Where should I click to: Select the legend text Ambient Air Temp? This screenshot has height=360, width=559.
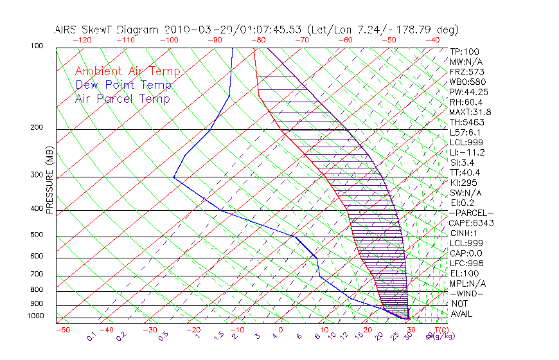tap(127, 72)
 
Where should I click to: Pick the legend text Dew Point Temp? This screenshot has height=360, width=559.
tap(123, 85)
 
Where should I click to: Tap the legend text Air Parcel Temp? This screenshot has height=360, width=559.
tap(122, 99)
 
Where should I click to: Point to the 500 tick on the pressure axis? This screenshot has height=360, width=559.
tap(37, 235)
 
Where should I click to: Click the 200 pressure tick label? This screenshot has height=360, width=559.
tap(37, 128)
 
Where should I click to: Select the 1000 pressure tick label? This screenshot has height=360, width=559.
tap(35, 316)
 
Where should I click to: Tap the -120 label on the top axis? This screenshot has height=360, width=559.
tap(81, 40)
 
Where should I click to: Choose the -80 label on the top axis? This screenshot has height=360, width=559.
tap(259, 40)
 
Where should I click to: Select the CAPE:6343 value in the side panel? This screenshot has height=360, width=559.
tap(471, 223)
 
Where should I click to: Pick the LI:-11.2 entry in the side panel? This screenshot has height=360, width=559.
tap(467, 152)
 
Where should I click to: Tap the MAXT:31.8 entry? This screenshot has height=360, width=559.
tap(471, 112)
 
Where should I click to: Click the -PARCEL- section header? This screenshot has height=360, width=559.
tap(471, 213)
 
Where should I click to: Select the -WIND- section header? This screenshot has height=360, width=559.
tap(467, 293)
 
